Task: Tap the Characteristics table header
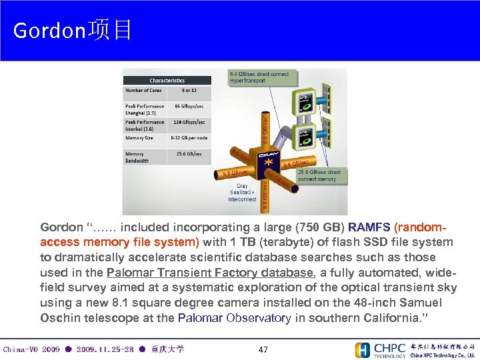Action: (167, 81)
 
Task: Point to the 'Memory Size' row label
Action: (139, 138)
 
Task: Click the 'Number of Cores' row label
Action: (143, 91)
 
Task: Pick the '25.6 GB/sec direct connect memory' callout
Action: (319, 175)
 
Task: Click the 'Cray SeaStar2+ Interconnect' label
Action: (242, 192)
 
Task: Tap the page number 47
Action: (263, 349)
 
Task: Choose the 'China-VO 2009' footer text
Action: (32, 349)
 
